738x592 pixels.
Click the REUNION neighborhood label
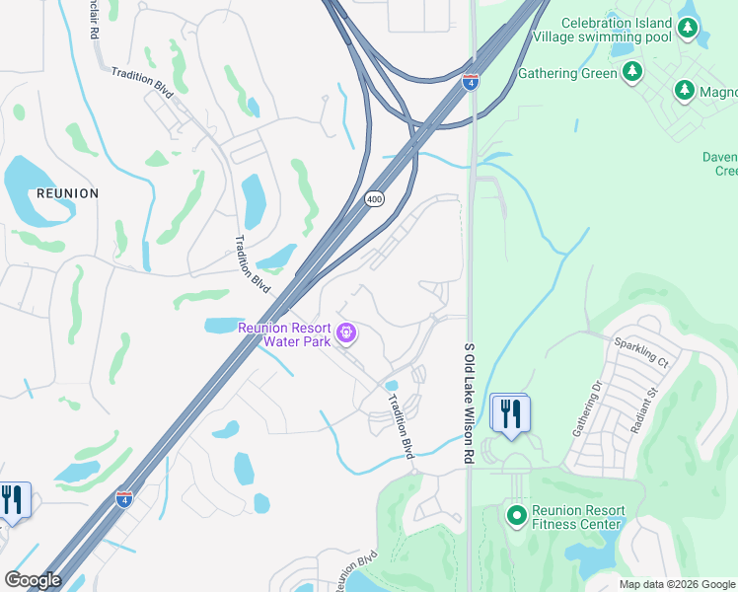(67, 193)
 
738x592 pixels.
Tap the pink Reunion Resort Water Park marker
(346, 334)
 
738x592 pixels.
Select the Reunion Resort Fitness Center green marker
(516, 515)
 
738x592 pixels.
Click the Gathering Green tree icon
(632, 72)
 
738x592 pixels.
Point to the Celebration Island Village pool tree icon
(687, 36)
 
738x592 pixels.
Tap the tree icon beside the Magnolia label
(684, 91)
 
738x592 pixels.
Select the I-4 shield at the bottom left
(123, 498)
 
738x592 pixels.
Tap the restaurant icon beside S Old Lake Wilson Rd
(509, 413)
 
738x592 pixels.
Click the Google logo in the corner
(33, 580)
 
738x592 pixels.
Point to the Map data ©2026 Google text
(677, 584)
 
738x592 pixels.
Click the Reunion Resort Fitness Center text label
(578, 517)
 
